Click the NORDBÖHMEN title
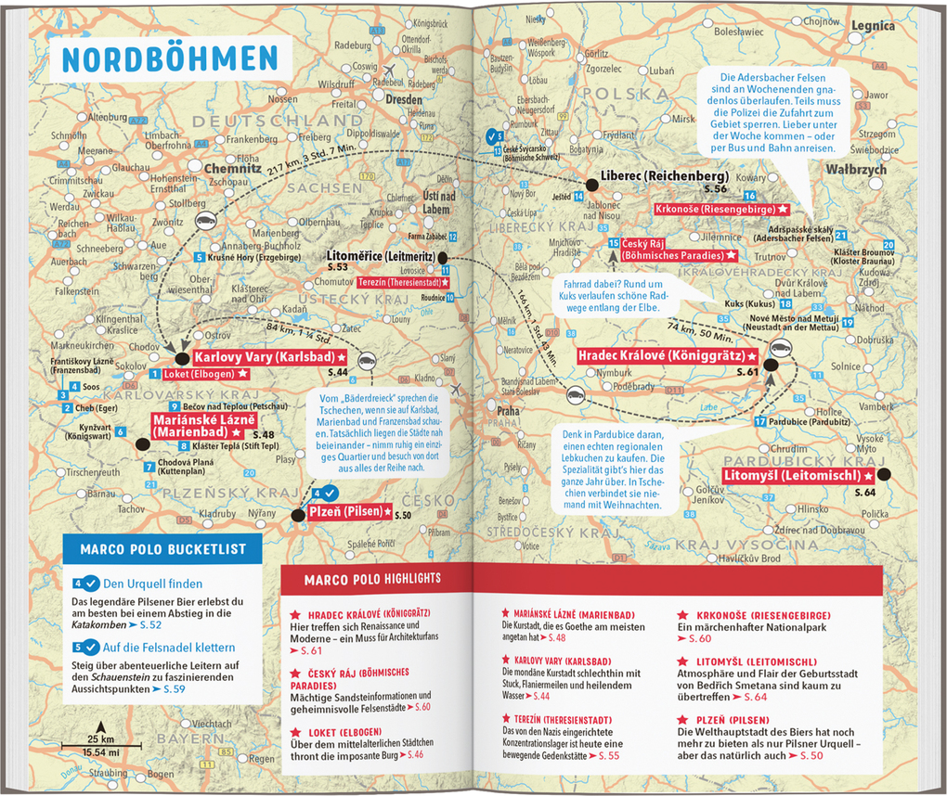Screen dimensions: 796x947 [169, 58]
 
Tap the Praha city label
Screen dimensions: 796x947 [508, 410]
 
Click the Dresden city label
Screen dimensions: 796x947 [404, 99]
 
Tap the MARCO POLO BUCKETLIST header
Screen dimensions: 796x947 [162, 549]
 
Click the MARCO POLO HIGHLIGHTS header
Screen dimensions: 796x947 [371, 579]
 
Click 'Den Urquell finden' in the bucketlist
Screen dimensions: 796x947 [152, 584]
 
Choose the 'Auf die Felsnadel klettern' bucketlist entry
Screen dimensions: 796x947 [168, 647]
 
